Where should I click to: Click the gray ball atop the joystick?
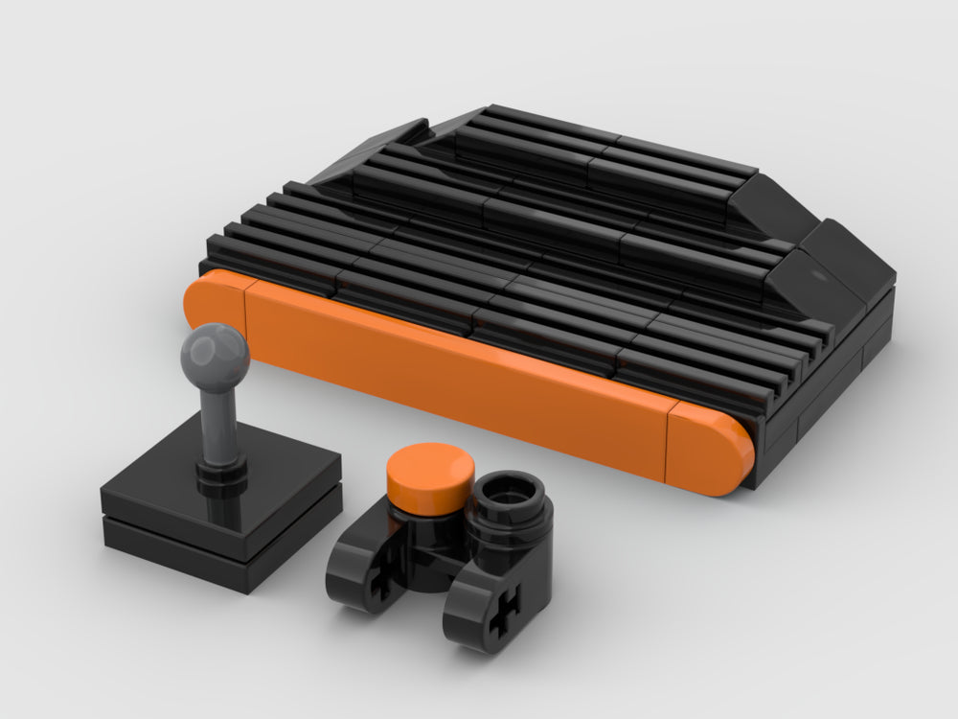tap(216, 355)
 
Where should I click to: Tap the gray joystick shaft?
tap(216, 422)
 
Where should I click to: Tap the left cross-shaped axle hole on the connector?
tap(381, 583)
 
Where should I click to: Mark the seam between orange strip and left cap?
tap(246, 307)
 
